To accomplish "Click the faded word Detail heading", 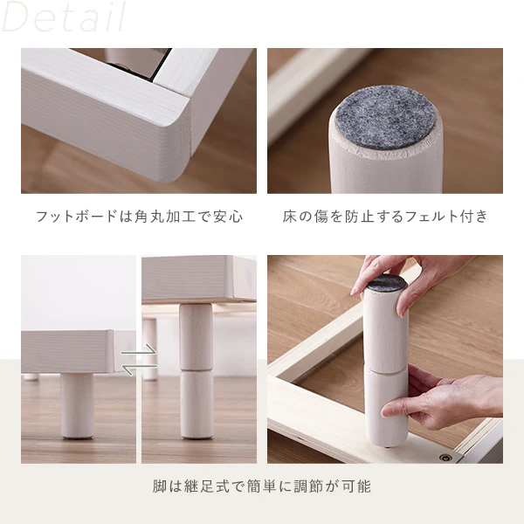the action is [x=64, y=17].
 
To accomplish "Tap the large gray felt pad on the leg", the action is [x=385, y=118].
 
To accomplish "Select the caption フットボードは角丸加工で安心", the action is [x=139, y=217].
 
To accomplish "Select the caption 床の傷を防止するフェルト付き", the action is [x=385, y=217].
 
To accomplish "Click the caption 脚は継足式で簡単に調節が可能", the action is [x=262, y=486].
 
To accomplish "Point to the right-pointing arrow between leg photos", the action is [x=139, y=351].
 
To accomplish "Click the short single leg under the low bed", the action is [x=77, y=406].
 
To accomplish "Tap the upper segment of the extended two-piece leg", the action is [x=196, y=336].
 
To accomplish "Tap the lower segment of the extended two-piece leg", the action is [x=196, y=404].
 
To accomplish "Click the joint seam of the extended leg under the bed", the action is [x=196, y=370].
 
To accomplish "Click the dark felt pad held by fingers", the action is [x=387, y=283].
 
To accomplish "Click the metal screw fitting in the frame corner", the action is [x=445, y=457].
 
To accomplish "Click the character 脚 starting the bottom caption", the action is [x=160, y=486].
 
